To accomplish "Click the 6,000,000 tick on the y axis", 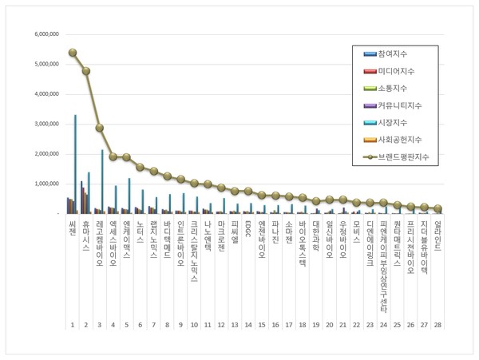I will (42, 34).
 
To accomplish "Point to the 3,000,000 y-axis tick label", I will (42, 124).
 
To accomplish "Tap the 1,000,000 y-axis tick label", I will (42, 184).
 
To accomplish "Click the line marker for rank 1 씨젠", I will (73, 53).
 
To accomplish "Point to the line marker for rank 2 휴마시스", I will (86, 71).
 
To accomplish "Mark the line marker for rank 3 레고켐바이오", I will (100, 128).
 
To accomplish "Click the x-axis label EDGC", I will (248, 230).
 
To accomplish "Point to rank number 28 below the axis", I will (437, 326).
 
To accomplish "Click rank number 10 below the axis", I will (194, 326).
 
